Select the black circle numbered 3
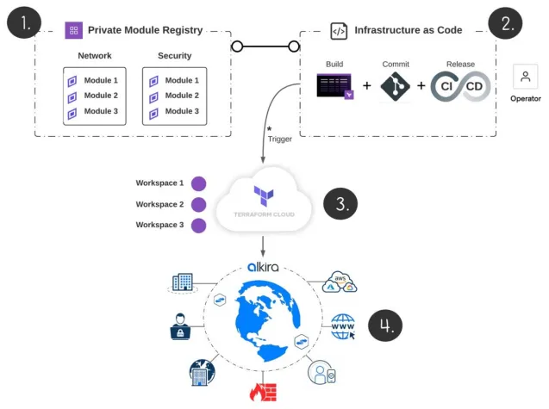click(340, 204)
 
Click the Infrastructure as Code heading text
click(408, 30)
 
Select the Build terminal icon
click(335, 86)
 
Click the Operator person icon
click(525, 77)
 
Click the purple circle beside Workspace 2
click(199, 205)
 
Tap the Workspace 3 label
click(159, 225)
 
